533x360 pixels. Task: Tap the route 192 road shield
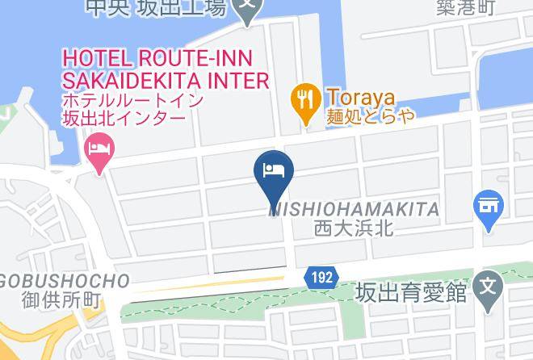(x=320, y=278)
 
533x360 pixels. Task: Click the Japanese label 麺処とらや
(x=371, y=115)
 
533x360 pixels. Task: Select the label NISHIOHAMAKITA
(x=354, y=210)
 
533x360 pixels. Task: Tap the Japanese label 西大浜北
(x=353, y=229)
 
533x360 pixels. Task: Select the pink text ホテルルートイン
(x=133, y=101)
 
